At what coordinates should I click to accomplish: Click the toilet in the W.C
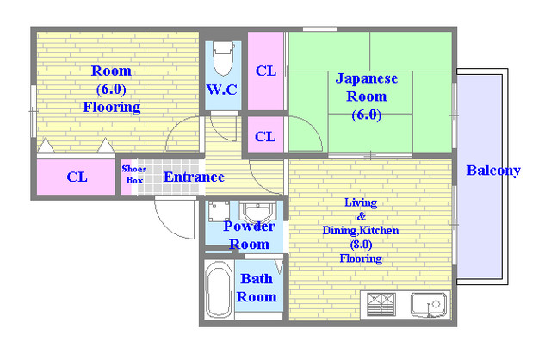(x=224, y=58)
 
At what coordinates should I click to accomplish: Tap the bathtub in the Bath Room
(x=219, y=289)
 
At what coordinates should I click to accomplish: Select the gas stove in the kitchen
(x=381, y=304)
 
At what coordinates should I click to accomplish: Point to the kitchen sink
(x=430, y=305)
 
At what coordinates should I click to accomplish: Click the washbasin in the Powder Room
(x=257, y=212)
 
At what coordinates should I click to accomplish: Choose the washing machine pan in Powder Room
(x=219, y=211)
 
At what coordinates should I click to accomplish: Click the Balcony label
(x=493, y=171)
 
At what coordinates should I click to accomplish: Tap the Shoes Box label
(x=134, y=174)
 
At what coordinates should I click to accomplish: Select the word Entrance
(x=194, y=177)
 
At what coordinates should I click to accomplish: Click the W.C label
(x=222, y=90)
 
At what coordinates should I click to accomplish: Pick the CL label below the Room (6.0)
(x=77, y=177)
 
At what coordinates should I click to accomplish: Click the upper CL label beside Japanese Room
(x=266, y=71)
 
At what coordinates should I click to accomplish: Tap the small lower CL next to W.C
(x=265, y=136)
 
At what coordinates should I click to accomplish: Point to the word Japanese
(x=367, y=78)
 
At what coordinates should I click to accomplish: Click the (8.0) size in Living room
(x=361, y=245)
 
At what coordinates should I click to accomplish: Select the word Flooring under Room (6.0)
(x=111, y=107)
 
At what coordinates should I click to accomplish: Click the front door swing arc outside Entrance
(x=167, y=226)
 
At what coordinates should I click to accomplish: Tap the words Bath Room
(x=257, y=288)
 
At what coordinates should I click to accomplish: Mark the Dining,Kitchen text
(x=361, y=231)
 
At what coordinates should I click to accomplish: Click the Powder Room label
(x=249, y=235)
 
